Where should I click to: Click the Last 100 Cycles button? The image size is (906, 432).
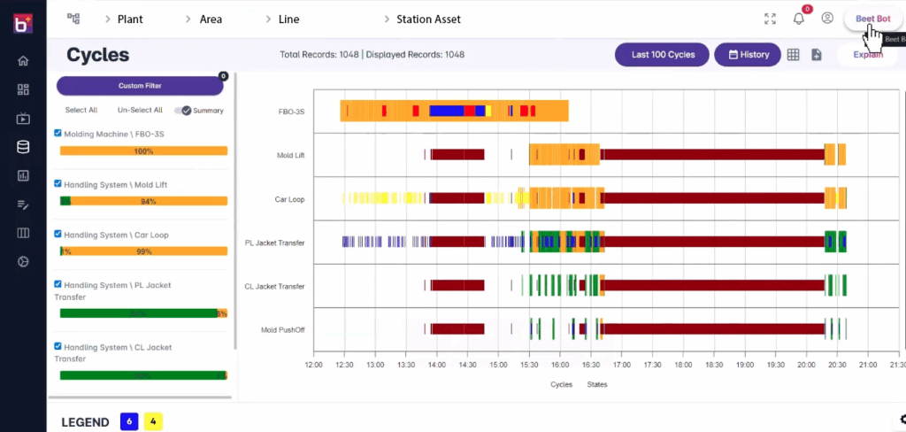[x=663, y=55]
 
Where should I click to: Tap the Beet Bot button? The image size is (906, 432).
[x=872, y=19]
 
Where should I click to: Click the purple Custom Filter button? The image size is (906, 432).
[x=140, y=86]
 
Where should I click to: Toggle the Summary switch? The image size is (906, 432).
[x=185, y=111]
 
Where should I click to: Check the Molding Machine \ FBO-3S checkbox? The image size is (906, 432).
[x=58, y=134]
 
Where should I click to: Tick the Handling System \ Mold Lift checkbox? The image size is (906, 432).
[x=58, y=184]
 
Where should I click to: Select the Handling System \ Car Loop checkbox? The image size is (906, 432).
[x=58, y=235]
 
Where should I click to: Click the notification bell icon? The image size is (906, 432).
[x=798, y=19]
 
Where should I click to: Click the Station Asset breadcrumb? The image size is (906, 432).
[x=428, y=19]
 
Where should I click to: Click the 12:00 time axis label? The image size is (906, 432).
[x=313, y=364]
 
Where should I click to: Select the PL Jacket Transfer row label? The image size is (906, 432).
[x=274, y=243]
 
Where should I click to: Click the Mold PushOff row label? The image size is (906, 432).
[x=282, y=329]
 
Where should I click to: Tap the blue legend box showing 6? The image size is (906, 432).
[x=129, y=422]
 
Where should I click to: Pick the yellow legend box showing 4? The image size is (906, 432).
[x=153, y=422]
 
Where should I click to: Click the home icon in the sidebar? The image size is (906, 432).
[x=23, y=61]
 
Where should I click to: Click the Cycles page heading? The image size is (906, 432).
[x=98, y=55]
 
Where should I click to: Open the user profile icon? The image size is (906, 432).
[x=827, y=19]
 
